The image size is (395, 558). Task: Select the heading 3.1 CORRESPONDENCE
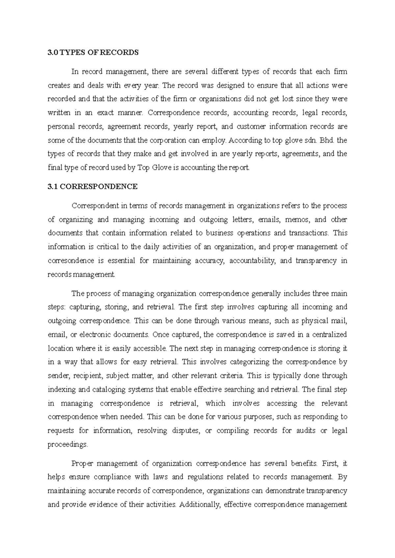[92, 187]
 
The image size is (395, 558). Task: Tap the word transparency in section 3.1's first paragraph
[316, 261]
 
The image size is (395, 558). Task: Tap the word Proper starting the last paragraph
[82, 464]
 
